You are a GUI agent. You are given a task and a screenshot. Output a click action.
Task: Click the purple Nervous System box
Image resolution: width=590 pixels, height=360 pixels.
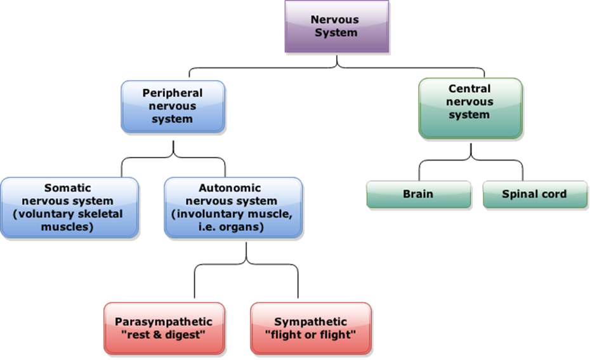click(336, 26)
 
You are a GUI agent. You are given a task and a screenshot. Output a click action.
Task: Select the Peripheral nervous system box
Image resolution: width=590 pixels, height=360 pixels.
click(173, 107)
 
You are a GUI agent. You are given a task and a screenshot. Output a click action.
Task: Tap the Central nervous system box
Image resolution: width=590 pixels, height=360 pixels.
click(470, 108)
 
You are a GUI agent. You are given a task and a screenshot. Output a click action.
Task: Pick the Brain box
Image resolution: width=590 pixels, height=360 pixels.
click(418, 194)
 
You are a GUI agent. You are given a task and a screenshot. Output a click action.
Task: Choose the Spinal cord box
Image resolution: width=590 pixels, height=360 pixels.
click(534, 194)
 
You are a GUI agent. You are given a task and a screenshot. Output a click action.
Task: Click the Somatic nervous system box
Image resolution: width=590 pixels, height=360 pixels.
click(69, 207)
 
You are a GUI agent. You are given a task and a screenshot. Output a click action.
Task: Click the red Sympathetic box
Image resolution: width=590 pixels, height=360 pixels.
click(310, 328)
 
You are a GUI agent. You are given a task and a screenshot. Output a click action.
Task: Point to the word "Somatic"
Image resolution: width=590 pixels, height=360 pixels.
click(68, 188)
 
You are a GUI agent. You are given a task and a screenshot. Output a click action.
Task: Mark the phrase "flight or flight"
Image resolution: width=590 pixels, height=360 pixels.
click(311, 335)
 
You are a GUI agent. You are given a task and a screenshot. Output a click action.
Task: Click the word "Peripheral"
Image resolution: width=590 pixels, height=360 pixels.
click(173, 93)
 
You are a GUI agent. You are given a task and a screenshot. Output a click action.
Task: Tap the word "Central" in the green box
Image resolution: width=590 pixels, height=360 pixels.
click(469, 89)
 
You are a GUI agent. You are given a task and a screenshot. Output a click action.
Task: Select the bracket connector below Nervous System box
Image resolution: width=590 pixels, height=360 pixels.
click(336, 65)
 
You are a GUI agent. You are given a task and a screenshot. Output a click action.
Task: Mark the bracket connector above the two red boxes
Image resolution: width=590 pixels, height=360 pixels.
click(246, 262)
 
